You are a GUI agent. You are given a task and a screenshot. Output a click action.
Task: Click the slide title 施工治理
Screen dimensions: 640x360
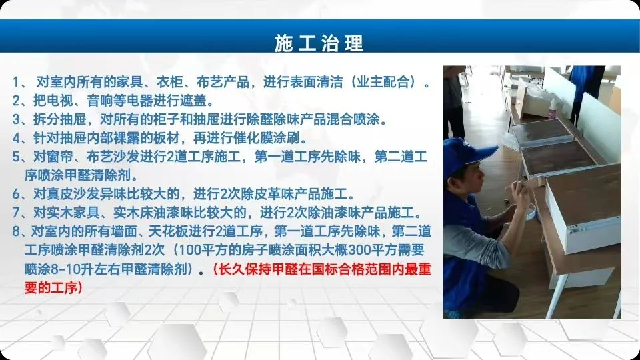pos(319,43)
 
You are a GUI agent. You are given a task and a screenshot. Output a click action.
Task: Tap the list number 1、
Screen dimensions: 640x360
pos(21,82)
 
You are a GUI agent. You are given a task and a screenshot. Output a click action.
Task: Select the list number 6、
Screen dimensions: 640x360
pos(21,193)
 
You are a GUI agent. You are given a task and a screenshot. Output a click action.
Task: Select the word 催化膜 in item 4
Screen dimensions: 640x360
pos(253,138)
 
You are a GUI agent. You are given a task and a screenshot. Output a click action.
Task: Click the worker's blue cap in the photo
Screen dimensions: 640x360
pos(468,154)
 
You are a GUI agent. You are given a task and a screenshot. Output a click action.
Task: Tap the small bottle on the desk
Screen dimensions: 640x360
pos(553,109)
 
